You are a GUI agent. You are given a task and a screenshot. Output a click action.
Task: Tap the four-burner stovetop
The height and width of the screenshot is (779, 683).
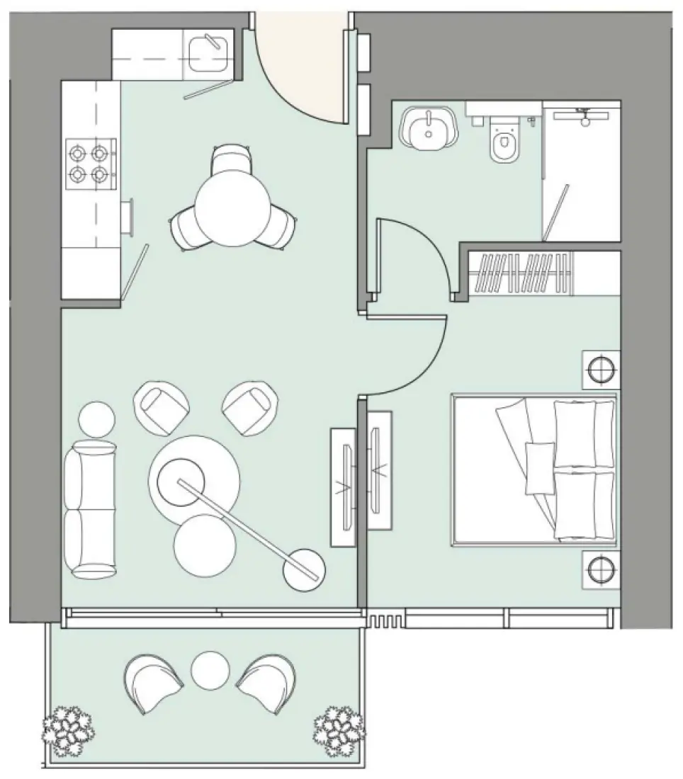90,163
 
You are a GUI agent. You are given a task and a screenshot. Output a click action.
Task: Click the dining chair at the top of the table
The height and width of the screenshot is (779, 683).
230,158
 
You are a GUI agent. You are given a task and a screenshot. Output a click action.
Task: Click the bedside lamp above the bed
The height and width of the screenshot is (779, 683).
601,370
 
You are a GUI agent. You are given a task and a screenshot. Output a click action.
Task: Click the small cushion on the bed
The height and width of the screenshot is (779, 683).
540,467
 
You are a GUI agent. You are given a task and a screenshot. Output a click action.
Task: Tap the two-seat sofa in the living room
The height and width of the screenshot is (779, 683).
90,508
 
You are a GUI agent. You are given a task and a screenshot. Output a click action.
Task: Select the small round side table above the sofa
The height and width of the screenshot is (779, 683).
96,419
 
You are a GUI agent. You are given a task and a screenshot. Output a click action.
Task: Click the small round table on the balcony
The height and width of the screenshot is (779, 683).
210,669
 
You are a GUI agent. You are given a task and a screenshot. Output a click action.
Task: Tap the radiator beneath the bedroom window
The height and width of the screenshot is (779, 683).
385,620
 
